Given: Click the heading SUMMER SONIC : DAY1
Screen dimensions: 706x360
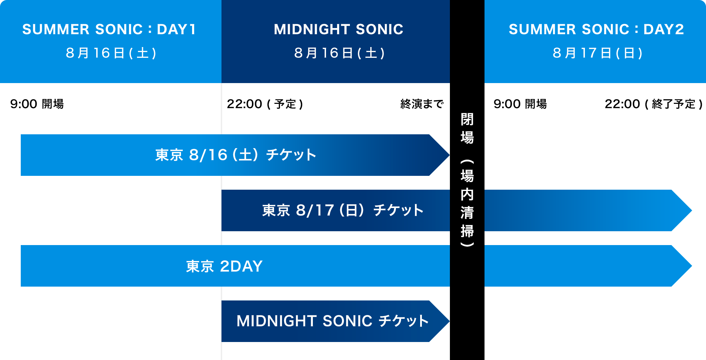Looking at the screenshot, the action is [x=109, y=29].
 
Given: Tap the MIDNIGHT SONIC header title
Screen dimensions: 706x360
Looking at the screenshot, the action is [x=338, y=29].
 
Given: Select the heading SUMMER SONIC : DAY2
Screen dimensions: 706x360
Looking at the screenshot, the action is [x=596, y=29].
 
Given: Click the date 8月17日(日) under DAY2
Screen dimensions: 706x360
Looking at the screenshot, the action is [x=597, y=53].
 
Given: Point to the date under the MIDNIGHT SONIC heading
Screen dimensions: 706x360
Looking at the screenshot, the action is [x=339, y=53].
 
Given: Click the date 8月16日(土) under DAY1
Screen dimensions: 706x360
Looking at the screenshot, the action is [x=111, y=53].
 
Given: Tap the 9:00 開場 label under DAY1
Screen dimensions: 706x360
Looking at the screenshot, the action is [x=37, y=104].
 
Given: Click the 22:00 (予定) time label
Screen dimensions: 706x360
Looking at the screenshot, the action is [x=265, y=104].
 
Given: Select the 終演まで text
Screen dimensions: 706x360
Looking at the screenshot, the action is [x=422, y=104].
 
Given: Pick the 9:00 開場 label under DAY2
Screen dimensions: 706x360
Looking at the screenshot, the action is [x=520, y=104].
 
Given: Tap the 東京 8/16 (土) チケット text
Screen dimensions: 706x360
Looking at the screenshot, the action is [x=236, y=155].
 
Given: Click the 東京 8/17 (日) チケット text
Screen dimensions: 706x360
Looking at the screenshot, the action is [x=343, y=210].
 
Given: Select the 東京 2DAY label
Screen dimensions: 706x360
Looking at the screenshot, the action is [x=224, y=266].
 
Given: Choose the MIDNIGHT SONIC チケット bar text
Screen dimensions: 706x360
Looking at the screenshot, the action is [x=333, y=321].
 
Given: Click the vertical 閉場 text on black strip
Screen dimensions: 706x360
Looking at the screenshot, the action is [x=467, y=128].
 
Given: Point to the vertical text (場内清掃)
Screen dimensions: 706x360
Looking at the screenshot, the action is [x=467, y=203].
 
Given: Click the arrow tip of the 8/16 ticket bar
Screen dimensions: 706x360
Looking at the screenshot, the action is [x=449, y=155].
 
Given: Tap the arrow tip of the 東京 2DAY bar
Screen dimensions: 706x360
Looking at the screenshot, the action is [x=691, y=266].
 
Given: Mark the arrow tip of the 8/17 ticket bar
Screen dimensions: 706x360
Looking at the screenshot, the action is [x=691, y=210].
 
